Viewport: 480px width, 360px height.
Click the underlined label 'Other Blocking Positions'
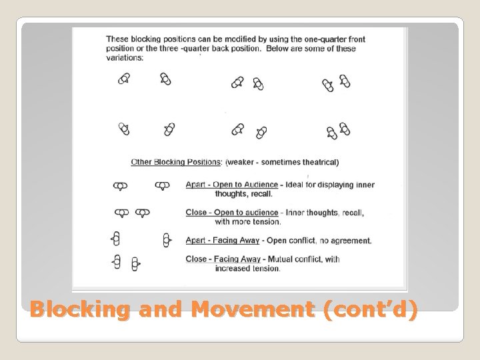pyautogui.click(x=176, y=162)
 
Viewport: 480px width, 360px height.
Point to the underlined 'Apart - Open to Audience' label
pyautogui.click(x=231, y=185)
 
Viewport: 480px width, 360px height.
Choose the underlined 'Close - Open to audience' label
pyautogui.click(x=231, y=213)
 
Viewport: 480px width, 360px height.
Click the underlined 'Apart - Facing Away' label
pyautogui.click(x=223, y=241)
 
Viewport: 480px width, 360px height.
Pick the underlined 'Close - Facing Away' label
pyautogui.click(x=223, y=259)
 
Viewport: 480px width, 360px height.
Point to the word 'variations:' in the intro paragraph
pyautogui.click(x=125, y=58)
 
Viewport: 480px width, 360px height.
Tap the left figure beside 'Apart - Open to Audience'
pyautogui.click(x=120, y=186)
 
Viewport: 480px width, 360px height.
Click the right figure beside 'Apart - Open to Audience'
pyautogui.click(x=162, y=186)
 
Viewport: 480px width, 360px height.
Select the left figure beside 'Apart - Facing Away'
pyautogui.click(x=116, y=239)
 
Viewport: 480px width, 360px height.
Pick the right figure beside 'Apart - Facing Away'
pyautogui.click(x=167, y=239)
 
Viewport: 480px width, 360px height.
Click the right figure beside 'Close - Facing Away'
pyautogui.click(x=135, y=264)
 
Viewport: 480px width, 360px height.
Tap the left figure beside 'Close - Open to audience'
pyautogui.click(x=121, y=213)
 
